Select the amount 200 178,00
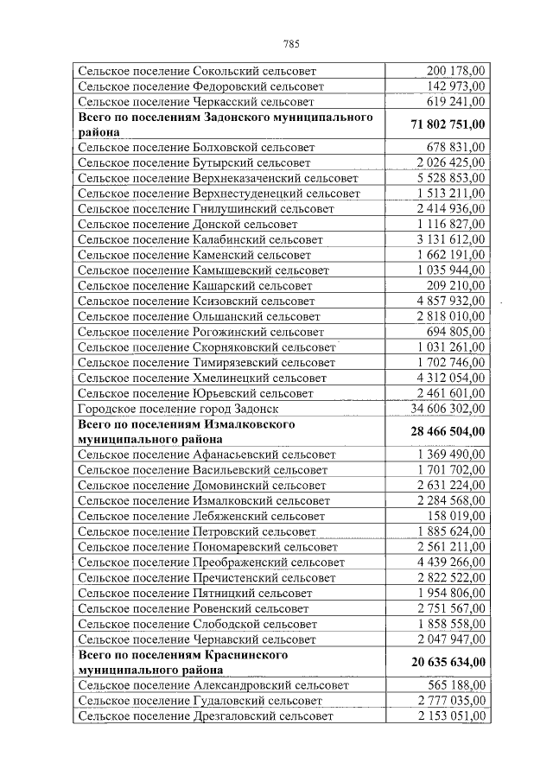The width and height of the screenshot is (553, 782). [x=455, y=71]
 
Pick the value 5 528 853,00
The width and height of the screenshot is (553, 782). [x=449, y=177]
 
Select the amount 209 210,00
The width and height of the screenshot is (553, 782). [x=455, y=285]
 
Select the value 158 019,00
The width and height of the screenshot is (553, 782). [x=455, y=516]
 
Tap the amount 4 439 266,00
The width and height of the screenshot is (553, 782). [x=449, y=562]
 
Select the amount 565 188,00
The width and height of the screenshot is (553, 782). [x=455, y=684]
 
